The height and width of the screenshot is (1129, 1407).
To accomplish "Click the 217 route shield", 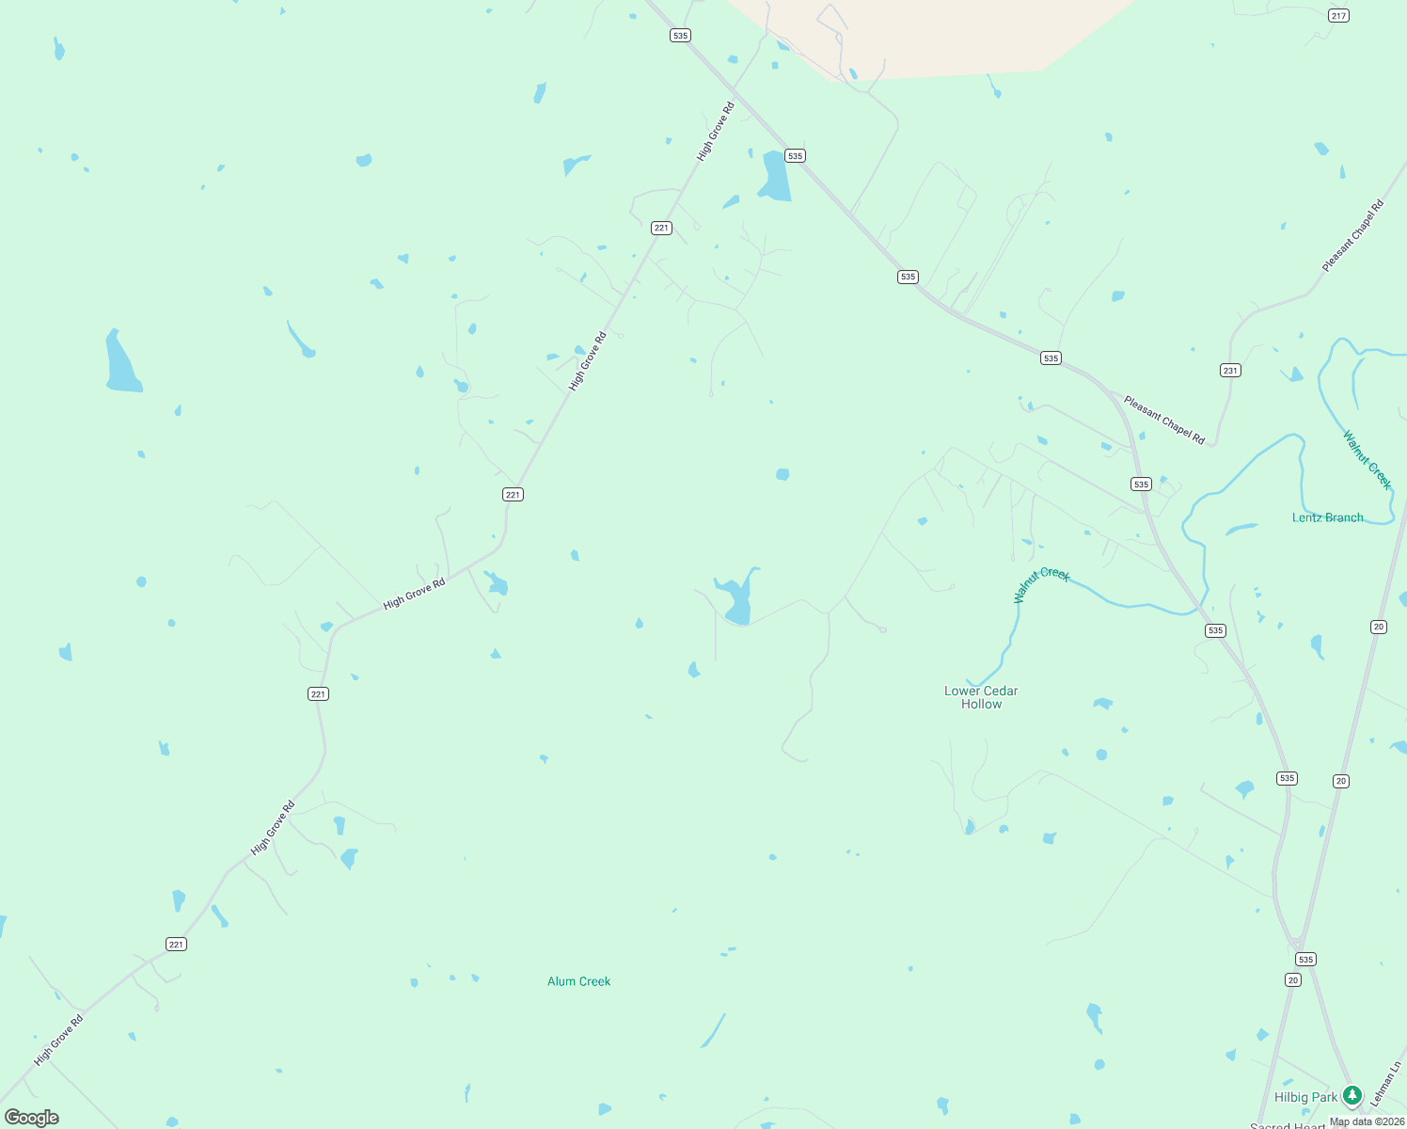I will (1338, 16).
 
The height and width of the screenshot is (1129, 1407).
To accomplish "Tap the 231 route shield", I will (1230, 371).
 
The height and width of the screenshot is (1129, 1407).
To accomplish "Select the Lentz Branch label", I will (1327, 517).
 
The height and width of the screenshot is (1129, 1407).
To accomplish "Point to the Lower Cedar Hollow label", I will (981, 697).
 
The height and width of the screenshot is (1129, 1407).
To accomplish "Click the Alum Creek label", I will (578, 981).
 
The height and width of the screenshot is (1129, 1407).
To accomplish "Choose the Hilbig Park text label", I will (1305, 1097).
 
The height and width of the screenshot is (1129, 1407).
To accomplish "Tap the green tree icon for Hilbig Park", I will (1352, 1095).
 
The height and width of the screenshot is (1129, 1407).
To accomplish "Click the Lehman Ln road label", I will (1385, 1084).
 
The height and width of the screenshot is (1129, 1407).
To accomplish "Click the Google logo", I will (32, 1118).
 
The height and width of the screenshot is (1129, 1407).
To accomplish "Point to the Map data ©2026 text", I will (1367, 1121).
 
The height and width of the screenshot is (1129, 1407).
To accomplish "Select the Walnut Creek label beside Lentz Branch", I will (1367, 460).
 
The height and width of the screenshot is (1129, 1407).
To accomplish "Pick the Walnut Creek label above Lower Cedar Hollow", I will (1041, 583).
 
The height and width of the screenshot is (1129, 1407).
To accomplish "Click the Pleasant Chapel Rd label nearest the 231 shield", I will (1163, 420).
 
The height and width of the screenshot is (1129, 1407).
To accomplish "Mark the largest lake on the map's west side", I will (121, 363).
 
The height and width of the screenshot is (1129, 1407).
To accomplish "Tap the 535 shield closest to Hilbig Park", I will (1304, 960).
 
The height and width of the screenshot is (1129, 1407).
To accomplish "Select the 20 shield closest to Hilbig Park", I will (1293, 980).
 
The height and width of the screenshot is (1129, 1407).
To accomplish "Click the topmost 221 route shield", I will (661, 228).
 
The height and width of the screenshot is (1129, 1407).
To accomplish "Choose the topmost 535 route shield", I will (680, 36).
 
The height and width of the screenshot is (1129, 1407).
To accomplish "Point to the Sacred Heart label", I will (1288, 1125).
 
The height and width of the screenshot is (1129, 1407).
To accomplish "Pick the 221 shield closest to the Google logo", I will (176, 944).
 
